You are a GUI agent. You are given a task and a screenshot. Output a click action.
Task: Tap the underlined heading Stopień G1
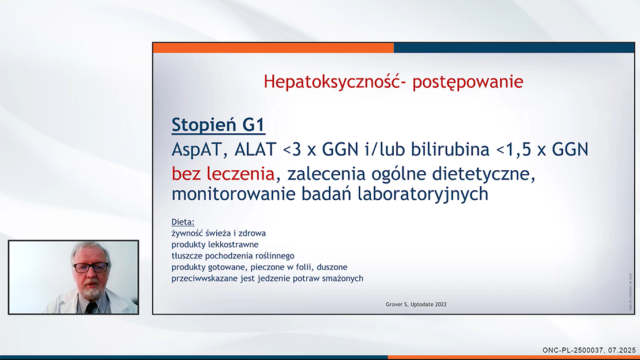click(219, 125)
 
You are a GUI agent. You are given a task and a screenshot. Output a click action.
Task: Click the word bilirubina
click(450, 149)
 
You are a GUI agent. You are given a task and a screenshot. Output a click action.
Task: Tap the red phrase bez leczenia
click(223, 174)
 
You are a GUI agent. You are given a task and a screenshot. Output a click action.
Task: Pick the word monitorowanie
click(233, 194)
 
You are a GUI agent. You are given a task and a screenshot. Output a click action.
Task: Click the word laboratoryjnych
click(423, 194)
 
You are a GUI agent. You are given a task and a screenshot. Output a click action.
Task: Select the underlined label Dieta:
click(183, 222)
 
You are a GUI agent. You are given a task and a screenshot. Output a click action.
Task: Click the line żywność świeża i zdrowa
click(219, 233)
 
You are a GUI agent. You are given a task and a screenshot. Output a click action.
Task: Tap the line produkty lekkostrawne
click(214, 245)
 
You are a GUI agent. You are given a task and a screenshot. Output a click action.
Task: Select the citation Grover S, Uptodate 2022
click(416, 305)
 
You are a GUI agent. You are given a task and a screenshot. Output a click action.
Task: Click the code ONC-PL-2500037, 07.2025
click(589, 350)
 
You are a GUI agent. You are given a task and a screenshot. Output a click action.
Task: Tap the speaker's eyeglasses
click(91, 268)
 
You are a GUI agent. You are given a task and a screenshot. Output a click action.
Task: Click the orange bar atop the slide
click(273, 47)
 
